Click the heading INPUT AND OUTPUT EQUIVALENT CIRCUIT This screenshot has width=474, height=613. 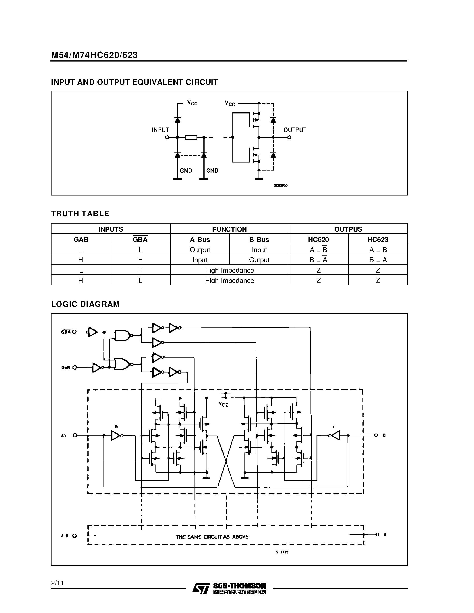coord(135,82)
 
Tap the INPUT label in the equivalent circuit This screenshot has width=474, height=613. coord(160,130)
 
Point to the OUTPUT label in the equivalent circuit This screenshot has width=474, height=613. coord(295,130)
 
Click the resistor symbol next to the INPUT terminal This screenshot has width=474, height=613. coord(191,138)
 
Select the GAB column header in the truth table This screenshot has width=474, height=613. coord(81,239)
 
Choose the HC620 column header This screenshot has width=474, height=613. coord(319,239)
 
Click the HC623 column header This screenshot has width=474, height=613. coord(378,239)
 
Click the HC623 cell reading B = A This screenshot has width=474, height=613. coord(378,260)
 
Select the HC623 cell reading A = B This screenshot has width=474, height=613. coord(378,250)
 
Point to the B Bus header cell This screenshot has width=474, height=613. coord(259,239)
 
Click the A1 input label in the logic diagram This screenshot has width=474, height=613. coord(64,436)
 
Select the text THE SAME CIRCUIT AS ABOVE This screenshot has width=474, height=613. coord(212,537)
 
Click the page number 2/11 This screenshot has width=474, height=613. coord(58,583)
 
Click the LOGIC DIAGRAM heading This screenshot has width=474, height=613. coord(85,304)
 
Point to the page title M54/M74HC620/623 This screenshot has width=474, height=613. coord(94,55)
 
